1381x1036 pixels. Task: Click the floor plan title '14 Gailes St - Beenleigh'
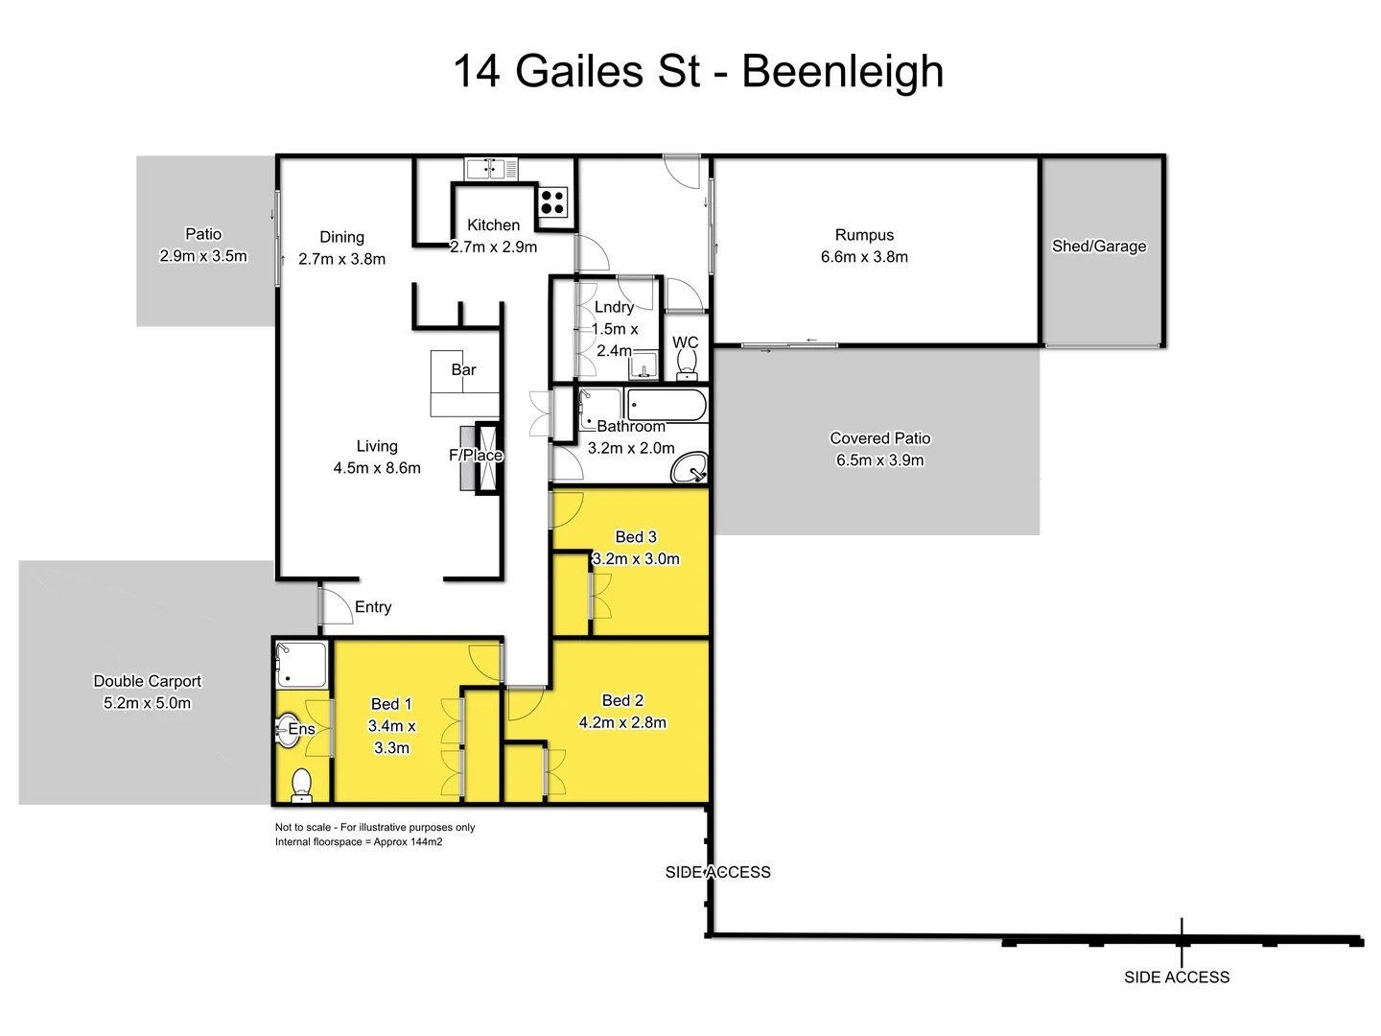pyautogui.click(x=698, y=72)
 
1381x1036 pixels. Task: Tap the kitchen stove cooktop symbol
pyautogui.click(x=552, y=202)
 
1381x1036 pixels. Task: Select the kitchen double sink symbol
pyautogui.click(x=491, y=169)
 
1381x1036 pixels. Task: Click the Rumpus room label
pyautogui.click(x=864, y=235)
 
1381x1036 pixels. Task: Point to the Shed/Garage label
pyautogui.click(x=1099, y=247)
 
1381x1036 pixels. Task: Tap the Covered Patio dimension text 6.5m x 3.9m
pyautogui.click(x=879, y=460)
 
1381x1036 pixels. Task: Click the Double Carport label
pyautogui.click(x=148, y=681)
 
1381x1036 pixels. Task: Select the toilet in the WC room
pyautogui.click(x=687, y=365)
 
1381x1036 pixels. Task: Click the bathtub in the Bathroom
pyautogui.click(x=667, y=405)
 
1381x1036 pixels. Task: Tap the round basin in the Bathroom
pyautogui.click(x=689, y=470)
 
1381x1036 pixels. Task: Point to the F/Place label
pyautogui.click(x=476, y=456)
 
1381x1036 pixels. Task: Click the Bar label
pyautogui.click(x=463, y=370)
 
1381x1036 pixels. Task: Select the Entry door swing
pyautogui.click(x=336, y=606)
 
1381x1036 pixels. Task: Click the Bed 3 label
pyautogui.click(x=636, y=537)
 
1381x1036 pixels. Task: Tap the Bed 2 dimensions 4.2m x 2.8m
pyautogui.click(x=622, y=723)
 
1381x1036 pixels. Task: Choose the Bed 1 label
pyautogui.click(x=391, y=704)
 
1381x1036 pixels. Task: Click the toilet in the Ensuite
pyautogui.click(x=302, y=784)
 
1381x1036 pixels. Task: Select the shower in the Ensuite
pyautogui.click(x=301, y=665)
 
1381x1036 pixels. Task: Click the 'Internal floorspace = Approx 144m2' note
pyautogui.click(x=359, y=842)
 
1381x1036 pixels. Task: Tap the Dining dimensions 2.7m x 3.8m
pyautogui.click(x=341, y=259)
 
